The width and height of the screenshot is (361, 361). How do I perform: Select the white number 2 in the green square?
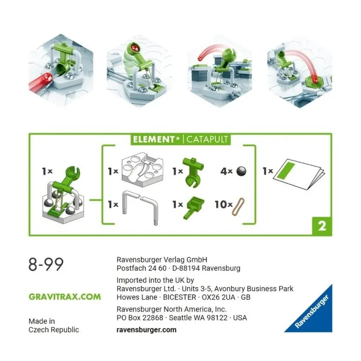[322, 226]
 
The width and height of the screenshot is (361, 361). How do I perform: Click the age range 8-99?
[46, 264]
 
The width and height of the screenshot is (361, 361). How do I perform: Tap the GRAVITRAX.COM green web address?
[65, 297]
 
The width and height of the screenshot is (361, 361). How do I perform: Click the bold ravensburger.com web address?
[146, 330]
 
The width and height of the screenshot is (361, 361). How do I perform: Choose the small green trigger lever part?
[195, 205]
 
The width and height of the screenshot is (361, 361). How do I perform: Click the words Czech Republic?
[54, 330]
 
